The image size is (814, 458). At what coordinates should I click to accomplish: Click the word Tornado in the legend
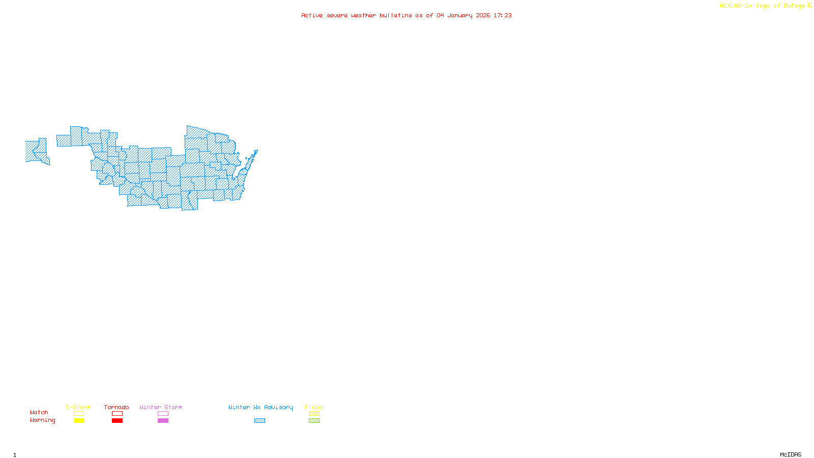tap(117, 407)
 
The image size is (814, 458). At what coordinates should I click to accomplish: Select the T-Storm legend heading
tap(78, 407)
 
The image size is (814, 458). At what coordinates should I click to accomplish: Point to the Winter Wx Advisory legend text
tap(260, 407)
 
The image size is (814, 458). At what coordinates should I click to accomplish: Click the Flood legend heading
tap(314, 407)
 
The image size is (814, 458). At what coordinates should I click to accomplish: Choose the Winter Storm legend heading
tap(161, 407)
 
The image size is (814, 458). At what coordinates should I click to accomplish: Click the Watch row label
tap(39, 412)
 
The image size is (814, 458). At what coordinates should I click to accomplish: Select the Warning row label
tap(43, 420)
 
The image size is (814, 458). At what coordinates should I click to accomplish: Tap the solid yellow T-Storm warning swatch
tap(79, 421)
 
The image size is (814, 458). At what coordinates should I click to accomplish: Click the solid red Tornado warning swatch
tap(117, 421)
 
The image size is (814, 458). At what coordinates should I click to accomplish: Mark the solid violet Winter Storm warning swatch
tap(163, 421)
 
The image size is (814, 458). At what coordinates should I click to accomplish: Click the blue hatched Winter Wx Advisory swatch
tap(259, 421)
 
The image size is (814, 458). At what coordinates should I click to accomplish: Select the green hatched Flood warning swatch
tap(314, 421)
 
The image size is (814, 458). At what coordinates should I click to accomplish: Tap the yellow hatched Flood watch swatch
tap(314, 414)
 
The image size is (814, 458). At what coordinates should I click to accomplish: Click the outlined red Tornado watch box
tap(117, 414)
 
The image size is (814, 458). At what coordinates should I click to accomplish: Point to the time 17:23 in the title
tap(503, 15)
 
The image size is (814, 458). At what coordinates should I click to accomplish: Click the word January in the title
tap(460, 15)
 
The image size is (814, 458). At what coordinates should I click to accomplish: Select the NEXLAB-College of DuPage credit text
tap(763, 6)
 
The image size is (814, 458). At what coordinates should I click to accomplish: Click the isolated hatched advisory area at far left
tap(36, 151)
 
